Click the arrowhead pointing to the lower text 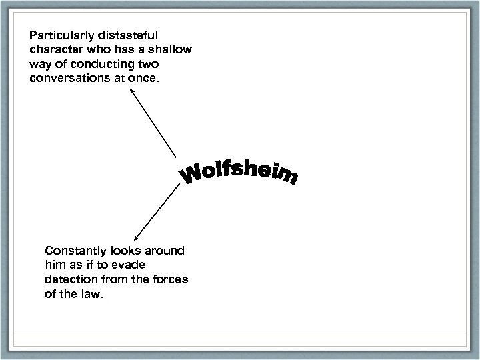[x=137, y=236]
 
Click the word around [x=167, y=251]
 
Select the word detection [x=70, y=281]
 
